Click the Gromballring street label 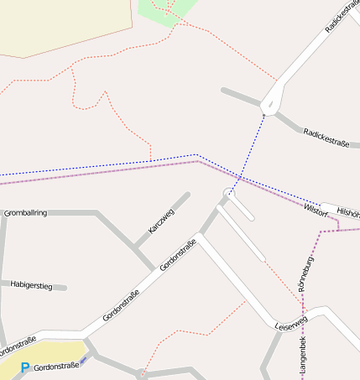click(x=26, y=213)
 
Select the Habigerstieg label click(x=32, y=286)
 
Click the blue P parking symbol click(x=25, y=367)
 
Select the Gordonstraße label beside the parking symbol click(x=56, y=366)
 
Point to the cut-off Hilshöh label click(x=347, y=213)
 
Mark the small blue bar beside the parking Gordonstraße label click(x=83, y=361)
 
